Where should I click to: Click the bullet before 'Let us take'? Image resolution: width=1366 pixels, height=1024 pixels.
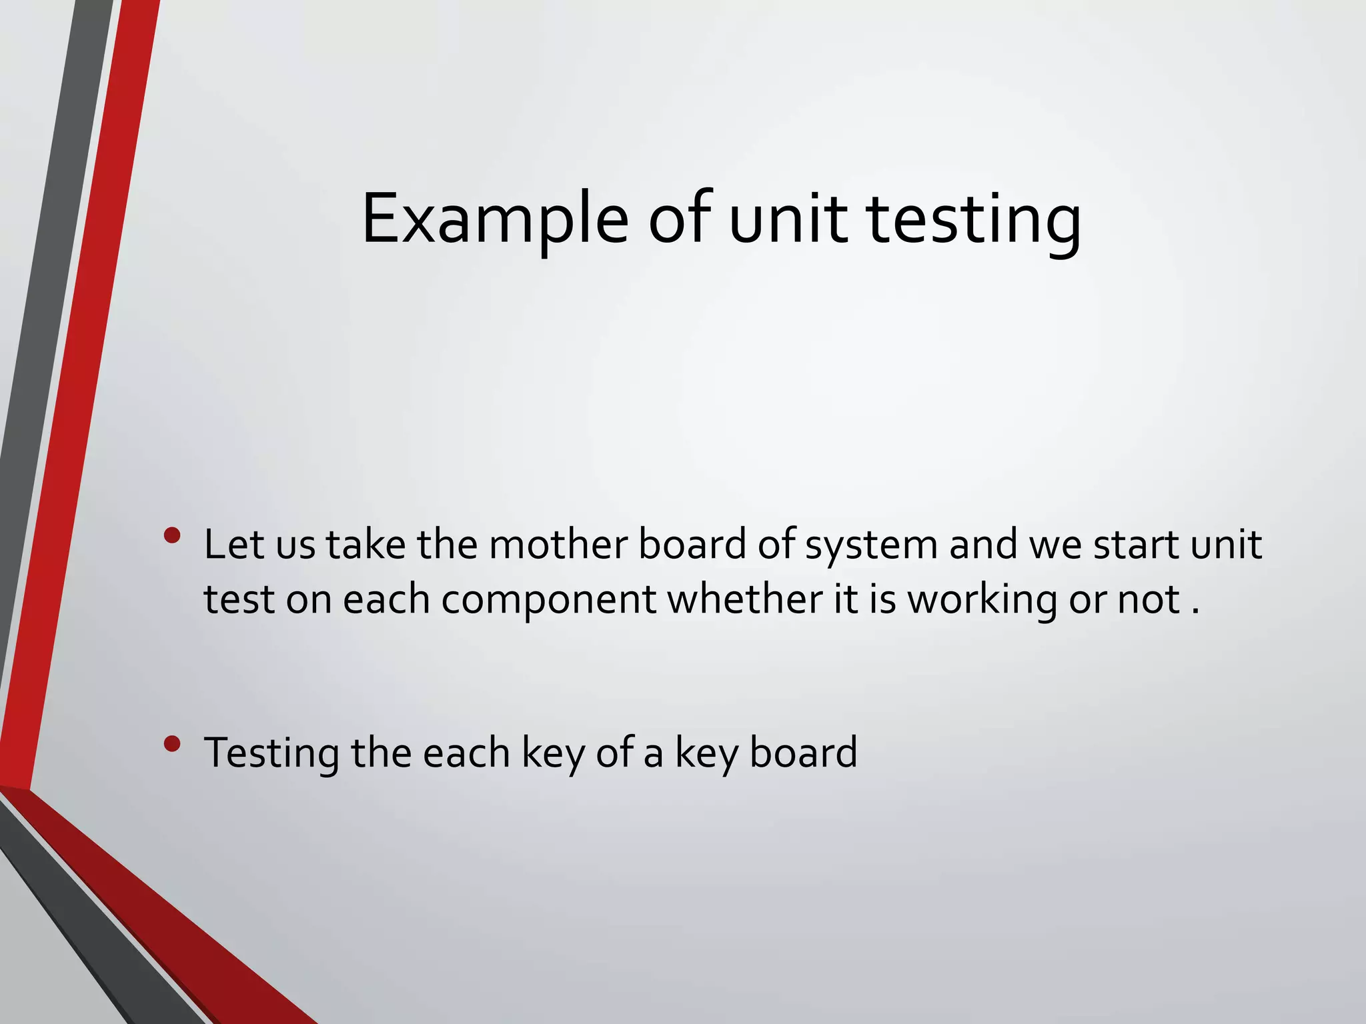pyautogui.click(x=172, y=536)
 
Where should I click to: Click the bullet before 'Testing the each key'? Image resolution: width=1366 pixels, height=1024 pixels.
pyautogui.click(x=172, y=744)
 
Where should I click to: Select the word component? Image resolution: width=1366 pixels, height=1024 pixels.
pyautogui.click(x=548, y=600)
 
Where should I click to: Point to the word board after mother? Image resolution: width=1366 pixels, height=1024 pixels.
pyautogui.click(x=692, y=545)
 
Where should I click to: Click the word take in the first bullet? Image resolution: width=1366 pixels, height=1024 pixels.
pyautogui.click(x=366, y=545)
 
